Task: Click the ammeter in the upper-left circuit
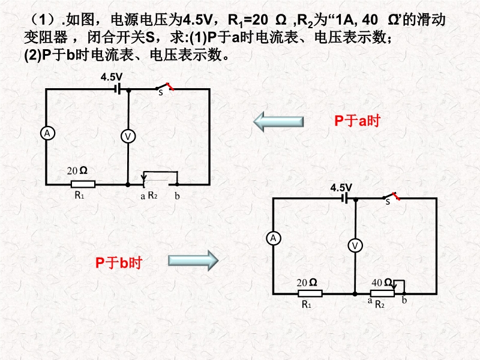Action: point(46,134)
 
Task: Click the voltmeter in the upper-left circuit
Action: point(128,137)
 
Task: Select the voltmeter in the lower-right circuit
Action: point(355,245)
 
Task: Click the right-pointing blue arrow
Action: point(192,260)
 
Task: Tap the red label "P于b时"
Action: point(118,262)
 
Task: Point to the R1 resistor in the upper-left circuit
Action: point(83,184)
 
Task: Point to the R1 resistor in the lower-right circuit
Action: point(310,293)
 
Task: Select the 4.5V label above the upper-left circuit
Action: point(112,77)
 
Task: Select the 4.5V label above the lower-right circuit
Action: point(341,187)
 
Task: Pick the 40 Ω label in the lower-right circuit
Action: point(382,282)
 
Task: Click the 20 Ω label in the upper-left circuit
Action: point(77,170)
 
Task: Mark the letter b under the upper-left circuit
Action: point(176,196)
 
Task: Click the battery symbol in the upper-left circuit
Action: point(118,88)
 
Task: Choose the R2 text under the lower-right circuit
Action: point(379,305)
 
